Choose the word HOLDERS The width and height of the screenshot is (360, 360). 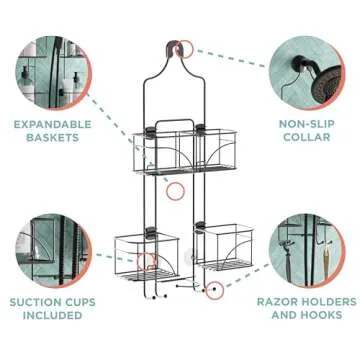coord(329,301)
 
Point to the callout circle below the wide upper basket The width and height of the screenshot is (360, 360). coord(175,190)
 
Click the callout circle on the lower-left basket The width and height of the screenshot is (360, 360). coord(147,262)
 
